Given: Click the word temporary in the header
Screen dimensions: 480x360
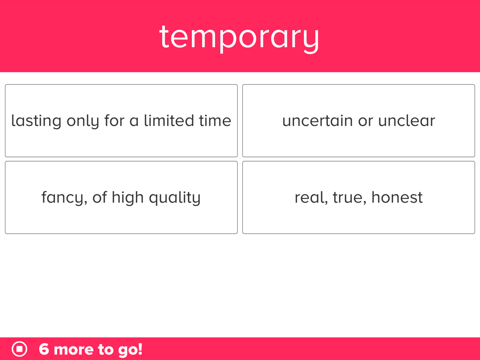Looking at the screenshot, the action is (x=239, y=38).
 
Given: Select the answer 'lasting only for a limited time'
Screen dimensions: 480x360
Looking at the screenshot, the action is (x=121, y=120).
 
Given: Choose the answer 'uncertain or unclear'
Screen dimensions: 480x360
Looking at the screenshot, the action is (x=359, y=120).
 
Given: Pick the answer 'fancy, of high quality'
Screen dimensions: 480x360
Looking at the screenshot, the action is (x=121, y=197).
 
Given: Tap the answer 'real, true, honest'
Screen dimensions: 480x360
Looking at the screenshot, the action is (x=359, y=197).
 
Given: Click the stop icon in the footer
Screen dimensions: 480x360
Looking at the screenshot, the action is (x=19, y=349).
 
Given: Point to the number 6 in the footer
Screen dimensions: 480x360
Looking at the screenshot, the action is (x=44, y=349).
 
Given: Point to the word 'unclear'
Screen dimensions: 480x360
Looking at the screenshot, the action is (x=407, y=120).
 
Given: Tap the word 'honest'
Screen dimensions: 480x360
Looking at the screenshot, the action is (x=397, y=197).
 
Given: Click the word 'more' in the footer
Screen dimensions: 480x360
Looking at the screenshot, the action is (x=73, y=349).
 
